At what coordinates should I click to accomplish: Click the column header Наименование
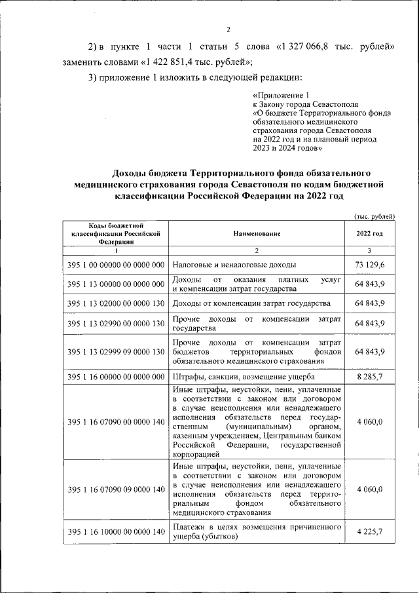click(x=257, y=233)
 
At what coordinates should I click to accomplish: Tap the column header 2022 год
click(x=369, y=233)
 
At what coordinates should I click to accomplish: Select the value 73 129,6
click(x=369, y=264)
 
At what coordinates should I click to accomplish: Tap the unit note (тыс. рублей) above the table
click(x=374, y=216)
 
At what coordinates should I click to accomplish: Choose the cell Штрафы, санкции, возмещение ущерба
click(x=244, y=377)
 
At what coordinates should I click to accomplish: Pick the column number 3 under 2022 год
click(x=369, y=250)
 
